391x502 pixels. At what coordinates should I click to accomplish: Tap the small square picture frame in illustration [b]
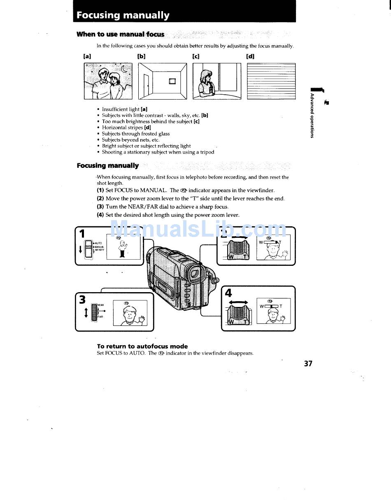pyautogui.click(x=172, y=81)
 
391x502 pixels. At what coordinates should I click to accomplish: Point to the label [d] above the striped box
pyautogui.click(x=250, y=56)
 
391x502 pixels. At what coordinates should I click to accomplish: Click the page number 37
pyautogui.click(x=308, y=363)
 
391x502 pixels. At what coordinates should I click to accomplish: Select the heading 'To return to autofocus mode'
pyautogui.click(x=142, y=346)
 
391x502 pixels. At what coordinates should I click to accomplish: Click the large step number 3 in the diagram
pyautogui.click(x=82, y=299)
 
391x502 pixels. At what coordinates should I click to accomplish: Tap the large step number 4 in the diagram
pyautogui.click(x=228, y=293)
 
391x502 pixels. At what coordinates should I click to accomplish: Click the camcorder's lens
pyautogui.click(x=195, y=273)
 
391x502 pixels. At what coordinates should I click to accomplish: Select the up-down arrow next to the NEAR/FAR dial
pyautogui.click(x=86, y=313)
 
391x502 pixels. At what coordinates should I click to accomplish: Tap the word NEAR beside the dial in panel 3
pyautogui.click(x=100, y=305)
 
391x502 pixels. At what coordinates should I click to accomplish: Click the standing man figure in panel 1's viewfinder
pyautogui.click(x=122, y=249)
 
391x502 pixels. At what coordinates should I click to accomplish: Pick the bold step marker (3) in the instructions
pyautogui.click(x=100, y=207)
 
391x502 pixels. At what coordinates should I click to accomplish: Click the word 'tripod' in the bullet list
pyautogui.click(x=207, y=152)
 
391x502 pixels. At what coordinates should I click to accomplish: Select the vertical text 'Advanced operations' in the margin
pyautogui.click(x=312, y=116)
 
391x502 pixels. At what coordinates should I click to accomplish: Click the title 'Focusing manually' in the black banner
pyautogui.click(x=123, y=15)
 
